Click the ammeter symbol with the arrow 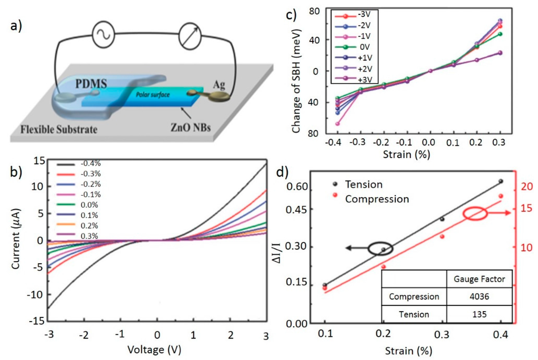tap(191, 35)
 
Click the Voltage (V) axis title tap(157, 349)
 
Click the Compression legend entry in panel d tap(377, 199)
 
